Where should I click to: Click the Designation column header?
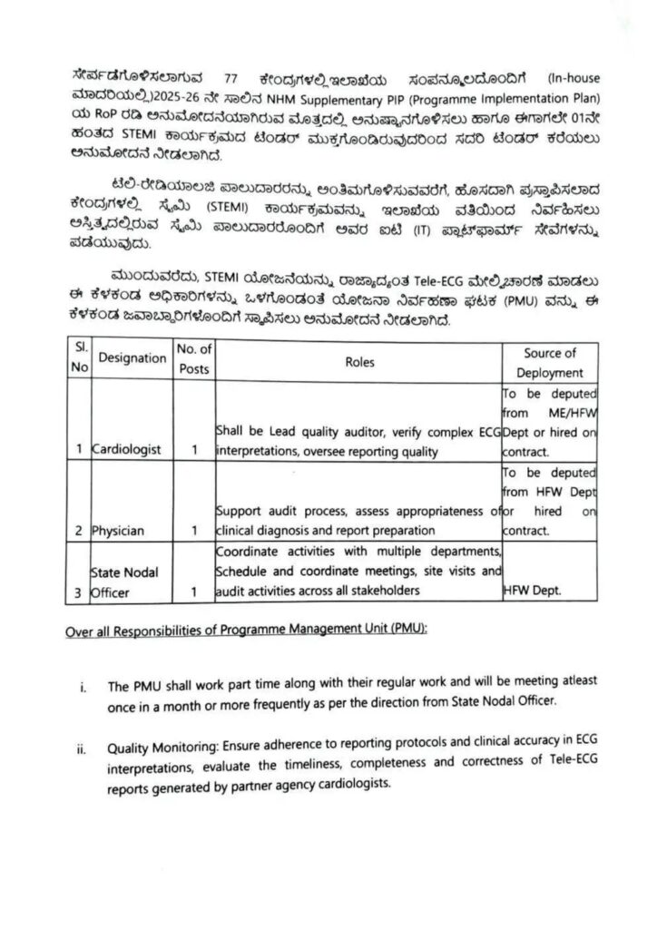coord(132,359)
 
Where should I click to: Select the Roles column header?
coord(358,361)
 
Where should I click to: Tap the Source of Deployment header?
coord(550,362)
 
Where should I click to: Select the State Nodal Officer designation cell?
coord(125,582)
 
